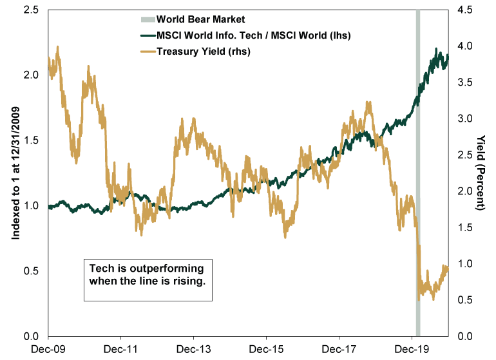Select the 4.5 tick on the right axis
pyautogui.click(x=465, y=10)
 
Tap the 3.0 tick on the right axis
pyautogui.click(x=465, y=118)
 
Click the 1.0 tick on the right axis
pyautogui.click(x=465, y=263)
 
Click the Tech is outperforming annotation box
pyautogui.click(x=148, y=279)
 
